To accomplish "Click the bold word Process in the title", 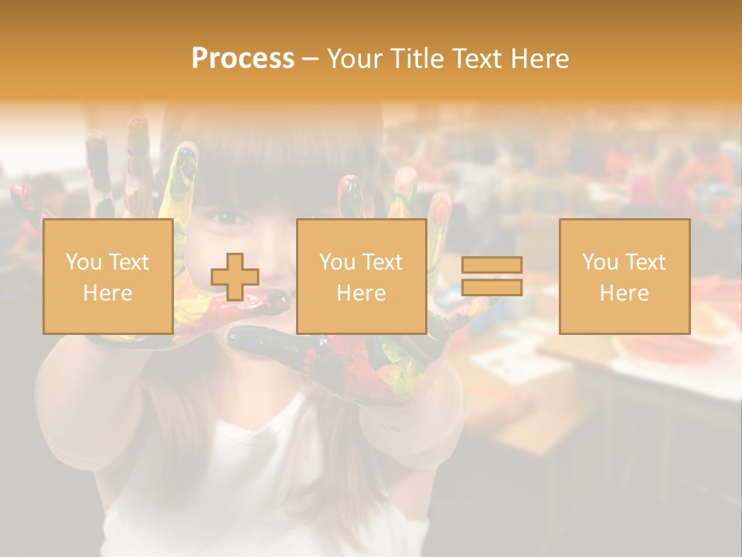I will coord(243,59).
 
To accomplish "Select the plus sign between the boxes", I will coord(235,277).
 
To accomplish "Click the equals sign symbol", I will coord(492,276).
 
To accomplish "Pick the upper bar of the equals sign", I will coord(492,265).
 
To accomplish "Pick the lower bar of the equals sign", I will coord(492,287).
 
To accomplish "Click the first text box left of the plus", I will coord(107,276).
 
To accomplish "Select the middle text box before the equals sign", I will coord(361,276).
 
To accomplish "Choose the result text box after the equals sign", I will coord(624,276).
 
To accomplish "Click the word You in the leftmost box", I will coord(83,262).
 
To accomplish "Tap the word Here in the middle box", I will coord(361,293).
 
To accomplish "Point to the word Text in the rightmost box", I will coord(645,262).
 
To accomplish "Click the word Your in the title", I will coord(355,59).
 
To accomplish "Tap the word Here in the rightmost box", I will coord(624,293).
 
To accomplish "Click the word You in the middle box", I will coord(337,262).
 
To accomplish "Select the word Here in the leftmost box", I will coord(107,293).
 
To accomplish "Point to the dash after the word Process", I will coord(310,60).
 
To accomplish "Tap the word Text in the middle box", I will coord(382,262).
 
